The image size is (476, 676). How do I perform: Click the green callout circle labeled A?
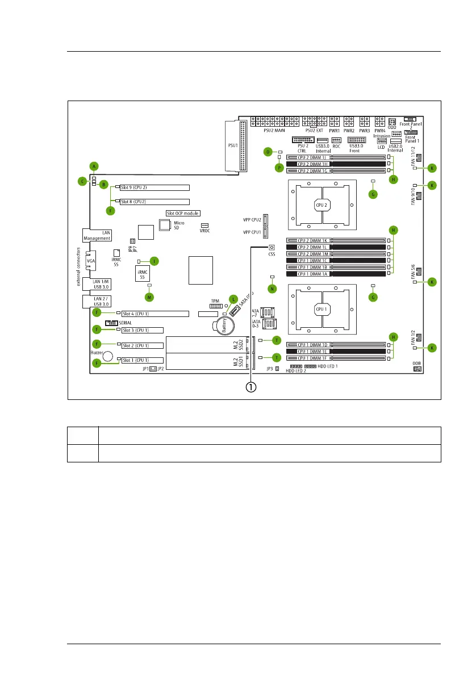[94, 166]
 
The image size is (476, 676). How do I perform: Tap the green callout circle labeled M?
[149, 297]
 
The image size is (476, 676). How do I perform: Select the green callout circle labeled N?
[272, 289]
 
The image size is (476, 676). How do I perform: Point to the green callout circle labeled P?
[279, 168]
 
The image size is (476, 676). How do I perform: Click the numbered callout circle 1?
[250, 387]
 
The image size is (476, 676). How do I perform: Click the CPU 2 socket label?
[322, 204]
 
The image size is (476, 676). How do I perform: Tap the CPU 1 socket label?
[322, 309]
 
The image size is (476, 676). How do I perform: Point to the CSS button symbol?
[272, 248]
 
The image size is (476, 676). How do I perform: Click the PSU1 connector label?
[233, 145]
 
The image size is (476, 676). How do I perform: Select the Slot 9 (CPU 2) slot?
[153, 187]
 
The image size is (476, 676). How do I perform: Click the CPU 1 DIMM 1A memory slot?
[336, 273]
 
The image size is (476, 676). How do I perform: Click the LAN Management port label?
[98, 235]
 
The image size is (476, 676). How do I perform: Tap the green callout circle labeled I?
[154, 261]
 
